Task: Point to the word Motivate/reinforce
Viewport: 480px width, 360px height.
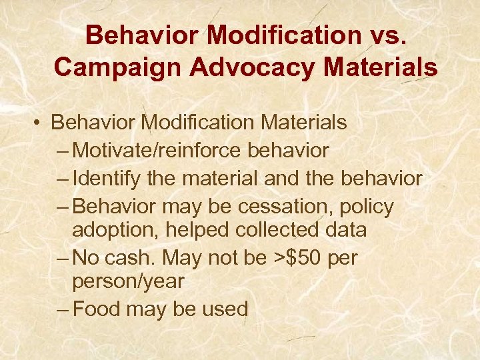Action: (x=158, y=151)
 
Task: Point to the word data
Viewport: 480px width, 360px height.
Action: (x=346, y=230)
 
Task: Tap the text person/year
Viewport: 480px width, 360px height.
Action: (x=127, y=281)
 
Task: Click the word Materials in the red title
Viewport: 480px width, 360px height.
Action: (x=377, y=67)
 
